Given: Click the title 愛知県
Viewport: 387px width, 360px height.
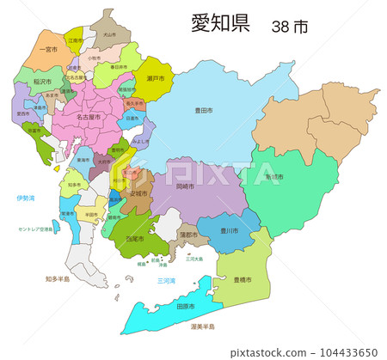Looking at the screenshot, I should pyautogui.click(x=220, y=23).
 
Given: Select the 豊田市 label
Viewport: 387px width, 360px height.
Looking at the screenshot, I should pyautogui.click(x=204, y=110).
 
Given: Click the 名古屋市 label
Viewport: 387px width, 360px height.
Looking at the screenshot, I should pyautogui.click(x=88, y=116).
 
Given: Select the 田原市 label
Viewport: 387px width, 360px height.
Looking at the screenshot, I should pyautogui.click(x=184, y=306).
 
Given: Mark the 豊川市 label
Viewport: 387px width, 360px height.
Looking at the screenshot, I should pyautogui.click(x=228, y=230).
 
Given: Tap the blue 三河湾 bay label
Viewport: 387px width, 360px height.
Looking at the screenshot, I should pyautogui.click(x=166, y=280).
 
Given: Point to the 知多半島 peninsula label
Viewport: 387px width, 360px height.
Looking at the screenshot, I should pyautogui.click(x=59, y=278).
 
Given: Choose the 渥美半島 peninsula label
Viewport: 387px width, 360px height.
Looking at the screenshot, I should pyautogui.click(x=203, y=327).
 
